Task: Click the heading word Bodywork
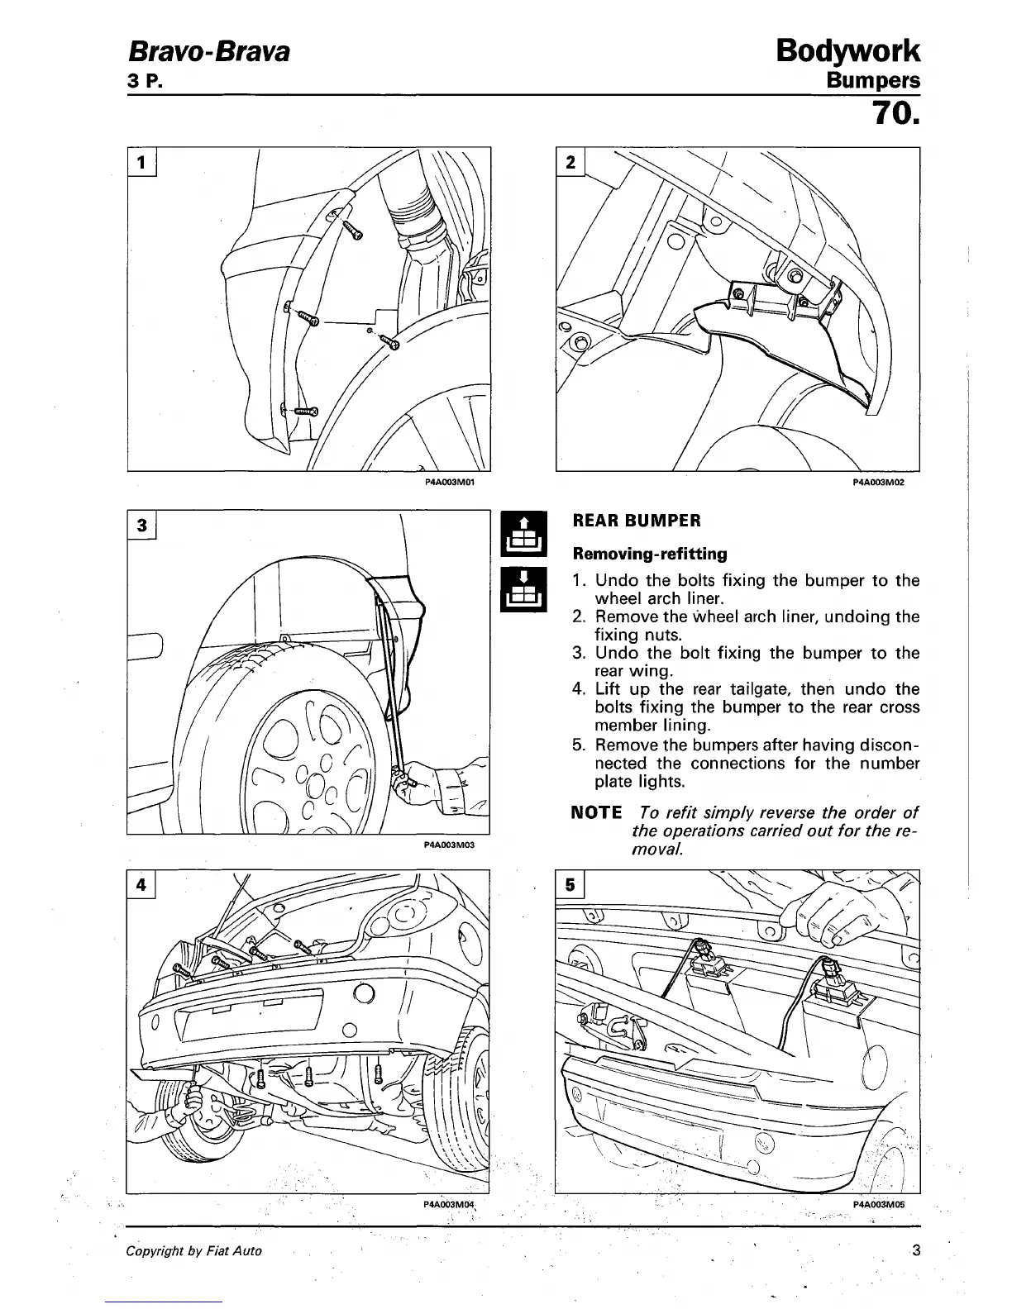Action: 848,51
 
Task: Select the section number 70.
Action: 892,124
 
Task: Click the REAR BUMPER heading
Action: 637,521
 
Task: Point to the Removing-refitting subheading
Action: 649,554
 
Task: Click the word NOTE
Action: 596,812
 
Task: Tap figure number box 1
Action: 141,162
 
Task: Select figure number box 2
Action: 570,162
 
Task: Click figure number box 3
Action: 141,525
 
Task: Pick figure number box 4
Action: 141,884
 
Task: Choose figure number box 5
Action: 570,884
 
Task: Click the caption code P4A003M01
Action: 446,479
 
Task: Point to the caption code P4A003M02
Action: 879,480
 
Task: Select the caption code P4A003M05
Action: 878,1204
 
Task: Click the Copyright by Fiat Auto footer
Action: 193,1251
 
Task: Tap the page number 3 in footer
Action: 914,1250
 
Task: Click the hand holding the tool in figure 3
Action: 426,781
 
